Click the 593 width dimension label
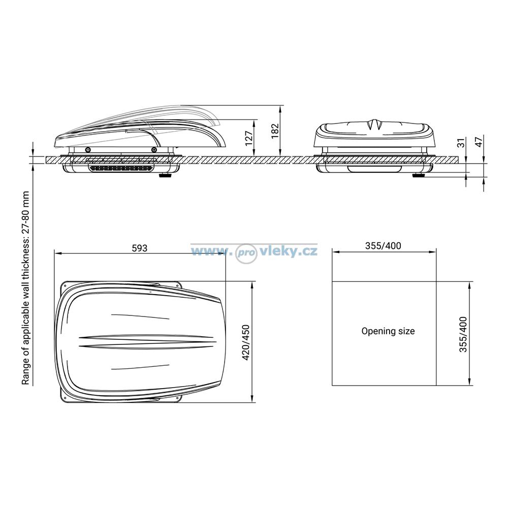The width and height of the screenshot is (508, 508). point(140,248)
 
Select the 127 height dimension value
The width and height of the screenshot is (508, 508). point(249,138)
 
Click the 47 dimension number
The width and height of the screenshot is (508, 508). point(479,141)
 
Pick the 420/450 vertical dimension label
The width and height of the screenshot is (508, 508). point(246,342)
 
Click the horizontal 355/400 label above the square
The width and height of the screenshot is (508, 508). point(383,246)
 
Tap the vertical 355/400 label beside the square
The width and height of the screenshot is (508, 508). point(463,334)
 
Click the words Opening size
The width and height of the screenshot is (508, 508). point(388,331)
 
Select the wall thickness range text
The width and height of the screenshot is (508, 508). point(25,288)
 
